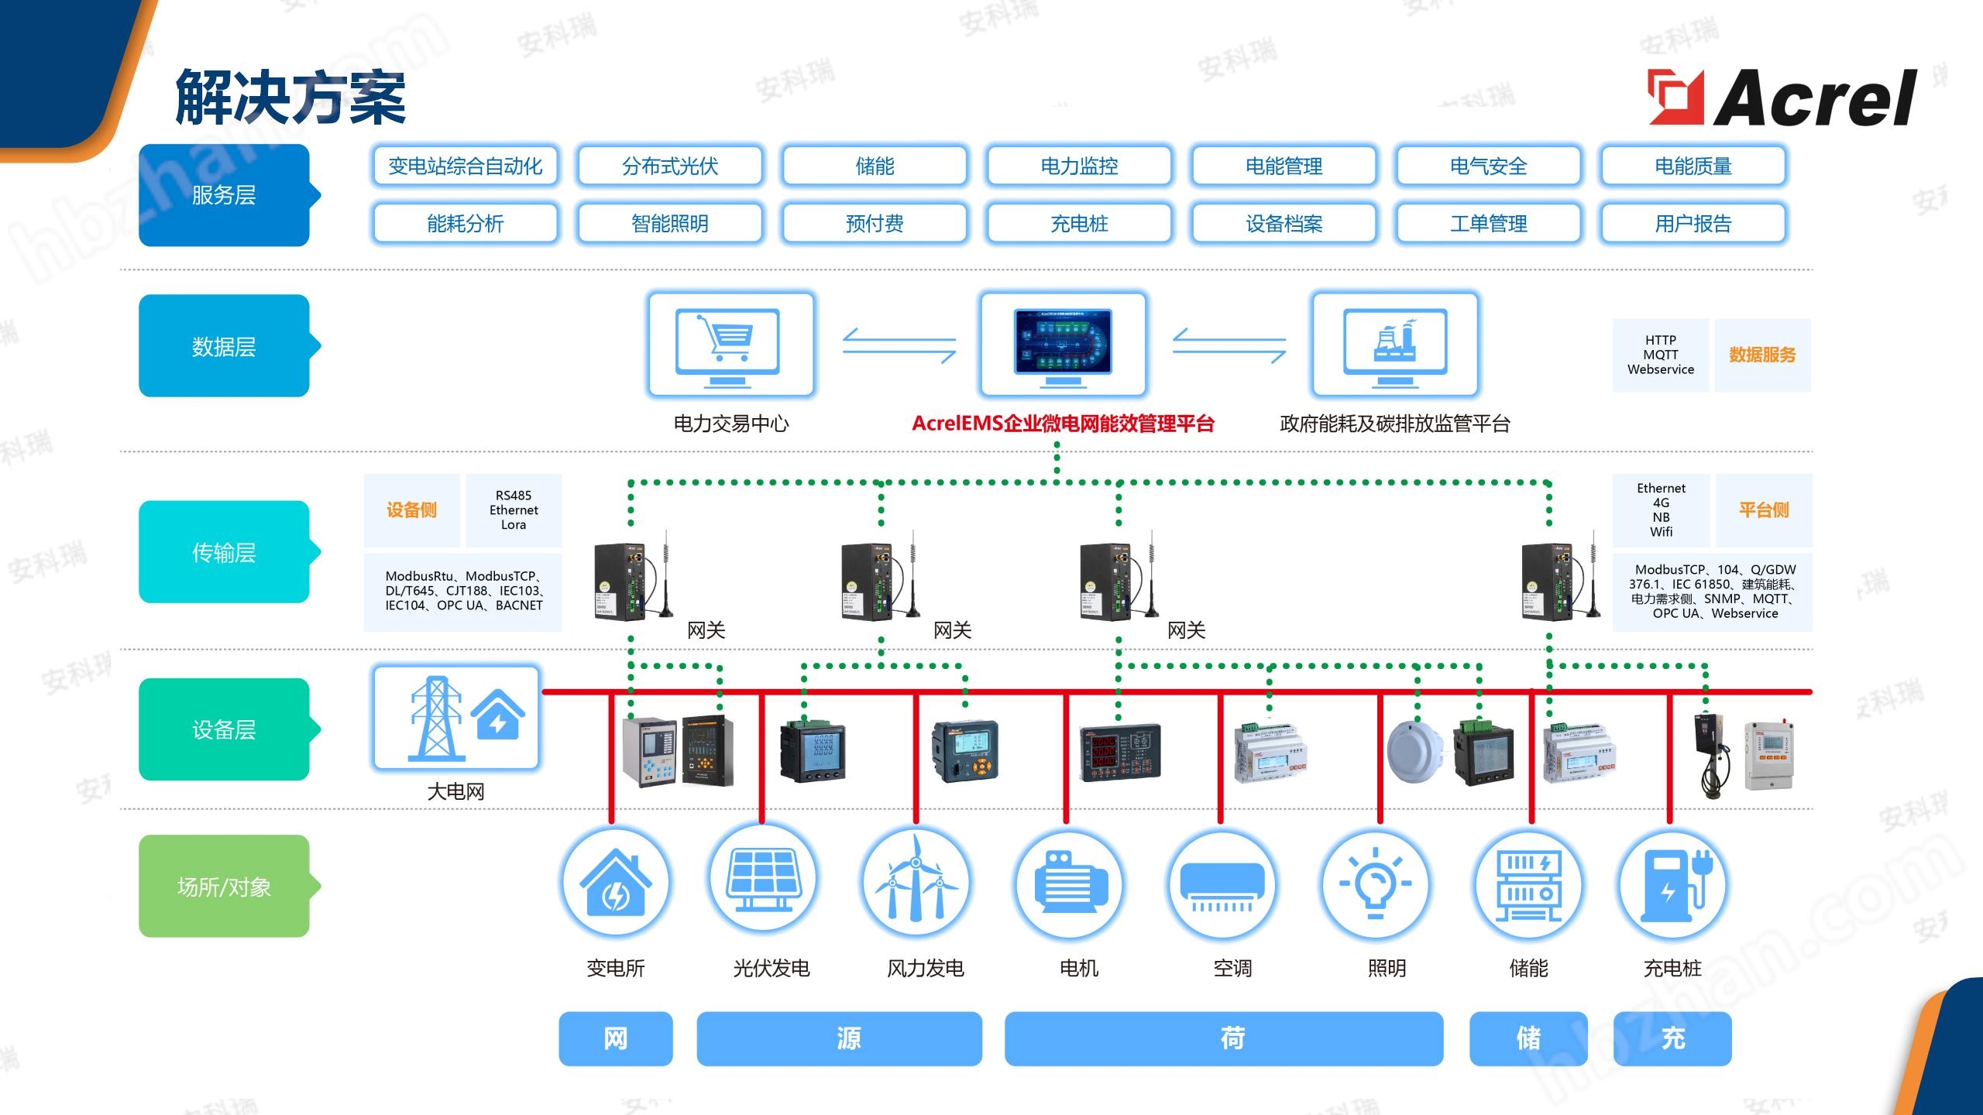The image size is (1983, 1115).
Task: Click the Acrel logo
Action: [x=1782, y=98]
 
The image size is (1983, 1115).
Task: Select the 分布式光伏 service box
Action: [x=670, y=166]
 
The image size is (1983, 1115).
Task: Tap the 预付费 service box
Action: [x=875, y=224]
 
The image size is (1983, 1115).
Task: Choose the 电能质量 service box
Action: [x=1693, y=166]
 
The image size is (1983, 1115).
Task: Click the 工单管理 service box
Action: [x=1488, y=224]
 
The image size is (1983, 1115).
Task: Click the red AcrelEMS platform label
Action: [x=1063, y=424]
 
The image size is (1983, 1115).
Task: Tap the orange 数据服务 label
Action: [x=1762, y=355]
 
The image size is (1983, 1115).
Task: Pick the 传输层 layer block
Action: [x=224, y=552]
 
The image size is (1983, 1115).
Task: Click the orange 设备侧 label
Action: [x=411, y=510]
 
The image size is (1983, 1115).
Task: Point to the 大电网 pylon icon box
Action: [x=456, y=718]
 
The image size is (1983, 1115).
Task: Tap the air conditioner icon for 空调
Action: [x=1222, y=883]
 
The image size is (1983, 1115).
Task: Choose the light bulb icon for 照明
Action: [x=1375, y=883]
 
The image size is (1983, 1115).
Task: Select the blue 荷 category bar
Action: [x=1224, y=1038]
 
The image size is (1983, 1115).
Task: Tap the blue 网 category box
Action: [x=616, y=1038]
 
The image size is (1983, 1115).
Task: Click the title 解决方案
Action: [x=290, y=98]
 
